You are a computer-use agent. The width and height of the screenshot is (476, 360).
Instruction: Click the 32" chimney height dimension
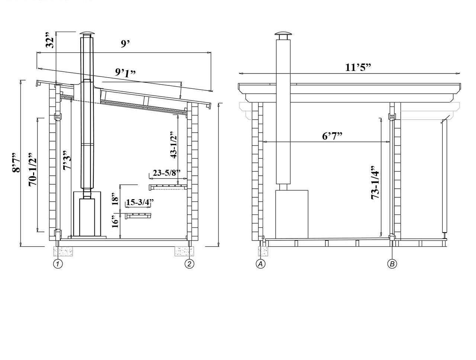(50, 40)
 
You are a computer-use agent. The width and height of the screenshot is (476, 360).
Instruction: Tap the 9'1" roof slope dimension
(125, 72)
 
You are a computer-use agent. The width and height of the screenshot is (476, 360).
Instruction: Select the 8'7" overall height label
(16, 163)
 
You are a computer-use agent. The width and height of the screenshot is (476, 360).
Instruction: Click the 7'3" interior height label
(67, 160)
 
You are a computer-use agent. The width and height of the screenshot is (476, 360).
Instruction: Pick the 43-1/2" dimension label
(174, 145)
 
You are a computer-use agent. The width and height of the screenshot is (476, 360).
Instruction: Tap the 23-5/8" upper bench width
(167, 173)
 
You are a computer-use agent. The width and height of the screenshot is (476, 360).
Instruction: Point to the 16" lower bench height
(115, 222)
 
